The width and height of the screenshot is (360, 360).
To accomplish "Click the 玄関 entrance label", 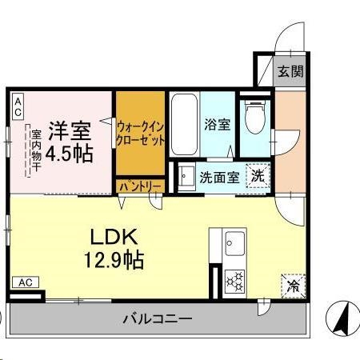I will point(290,72).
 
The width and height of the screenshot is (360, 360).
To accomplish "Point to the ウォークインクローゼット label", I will point(141,133).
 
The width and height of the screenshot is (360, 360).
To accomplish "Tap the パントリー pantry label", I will point(141,186).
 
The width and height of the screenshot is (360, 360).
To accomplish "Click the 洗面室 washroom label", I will point(218,178).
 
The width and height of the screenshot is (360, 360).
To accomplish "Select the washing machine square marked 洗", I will point(258,174).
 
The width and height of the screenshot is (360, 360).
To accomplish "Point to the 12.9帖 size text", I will point(115,260).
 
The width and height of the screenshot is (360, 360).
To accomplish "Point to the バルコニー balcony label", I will point(157,319).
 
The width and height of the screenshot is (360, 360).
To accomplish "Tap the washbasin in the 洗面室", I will point(185,175).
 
